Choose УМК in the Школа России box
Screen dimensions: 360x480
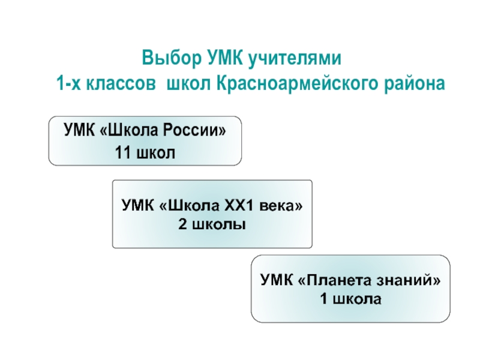(x=78, y=130)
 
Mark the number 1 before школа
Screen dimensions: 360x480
(x=324, y=298)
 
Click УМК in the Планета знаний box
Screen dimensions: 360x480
(x=275, y=280)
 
